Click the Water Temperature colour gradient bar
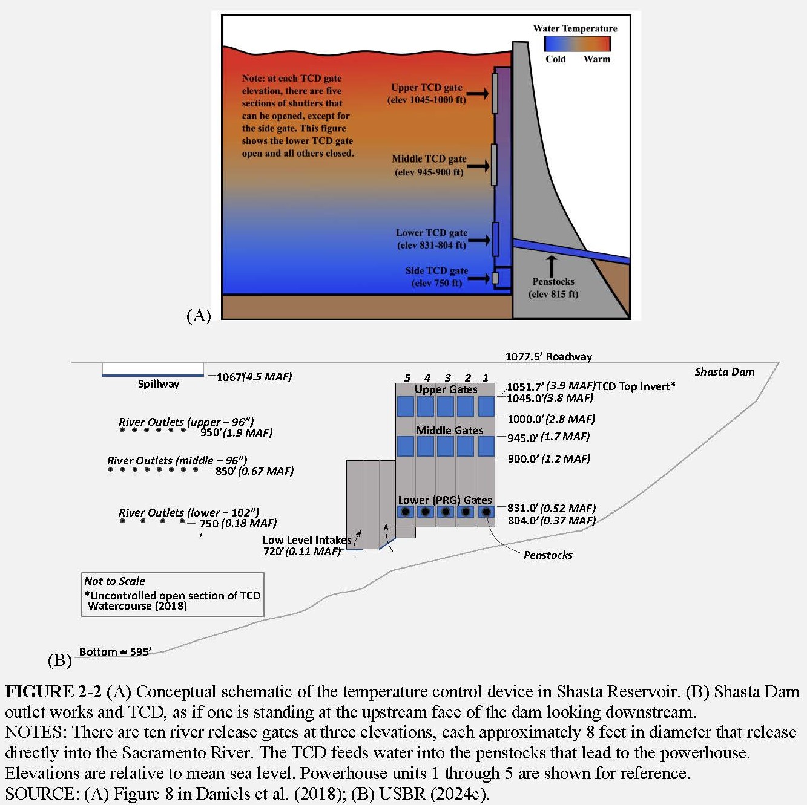tap(577, 44)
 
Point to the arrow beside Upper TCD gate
tap(477, 93)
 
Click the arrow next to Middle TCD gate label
tap(478, 166)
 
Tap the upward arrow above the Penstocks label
tap(552, 266)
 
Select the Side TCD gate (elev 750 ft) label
tap(436, 276)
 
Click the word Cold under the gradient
tap(555, 59)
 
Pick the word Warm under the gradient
tap(597, 59)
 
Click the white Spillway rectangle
tap(153, 369)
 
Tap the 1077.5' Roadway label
tap(548, 356)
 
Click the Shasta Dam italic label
tap(725, 371)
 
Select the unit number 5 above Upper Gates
tap(407, 378)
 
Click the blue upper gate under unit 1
tap(486, 406)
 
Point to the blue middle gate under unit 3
tap(445, 446)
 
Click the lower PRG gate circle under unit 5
tap(406, 512)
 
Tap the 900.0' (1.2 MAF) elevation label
tap(549, 459)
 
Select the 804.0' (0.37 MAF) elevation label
tap(552, 521)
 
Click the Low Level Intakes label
tap(307, 539)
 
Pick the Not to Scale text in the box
tap(114, 581)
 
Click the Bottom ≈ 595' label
tap(115, 652)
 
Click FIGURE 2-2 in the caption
tap(53, 692)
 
